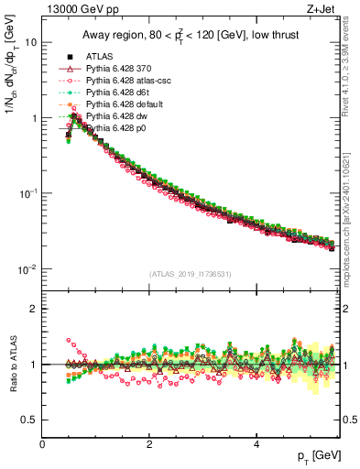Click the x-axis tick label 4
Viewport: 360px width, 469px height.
(x=256, y=444)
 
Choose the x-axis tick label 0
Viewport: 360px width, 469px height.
(x=43, y=444)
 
